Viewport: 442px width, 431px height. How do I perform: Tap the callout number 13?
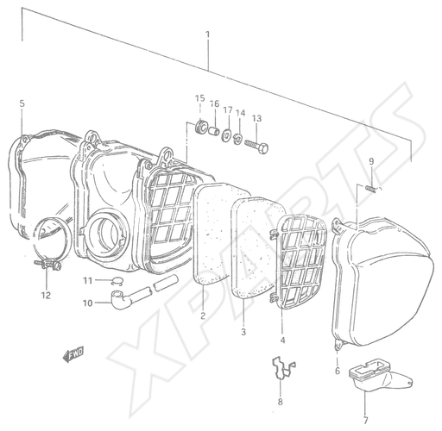click(x=256, y=118)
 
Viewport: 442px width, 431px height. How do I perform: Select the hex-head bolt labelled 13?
click(x=256, y=146)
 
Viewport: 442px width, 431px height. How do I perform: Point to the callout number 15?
click(x=200, y=98)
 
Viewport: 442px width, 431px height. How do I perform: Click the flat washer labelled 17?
click(x=226, y=135)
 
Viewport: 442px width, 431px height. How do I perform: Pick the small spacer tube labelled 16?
click(x=214, y=132)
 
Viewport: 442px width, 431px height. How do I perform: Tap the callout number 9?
click(x=371, y=161)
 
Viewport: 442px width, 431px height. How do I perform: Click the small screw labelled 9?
click(x=371, y=190)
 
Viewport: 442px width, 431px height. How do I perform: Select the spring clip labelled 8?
click(x=283, y=367)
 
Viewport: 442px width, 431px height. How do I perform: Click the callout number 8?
click(x=280, y=402)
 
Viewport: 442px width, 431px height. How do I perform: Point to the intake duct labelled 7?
click(x=380, y=374)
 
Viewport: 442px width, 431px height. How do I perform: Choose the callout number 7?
click(x=365, y=421)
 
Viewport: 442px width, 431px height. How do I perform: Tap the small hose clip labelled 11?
click(x=117, y=281)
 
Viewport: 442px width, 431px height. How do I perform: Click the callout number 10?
click(x=88, y=303)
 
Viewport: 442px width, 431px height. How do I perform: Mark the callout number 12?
click(x=46, y=295)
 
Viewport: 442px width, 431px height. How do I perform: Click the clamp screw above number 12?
click(x=47, y=264)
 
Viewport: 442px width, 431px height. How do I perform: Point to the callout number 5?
click(x=22, y=103)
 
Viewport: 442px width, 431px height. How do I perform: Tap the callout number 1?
click(x=207, y=34)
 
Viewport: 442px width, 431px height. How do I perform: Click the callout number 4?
click(x=282, y=340)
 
